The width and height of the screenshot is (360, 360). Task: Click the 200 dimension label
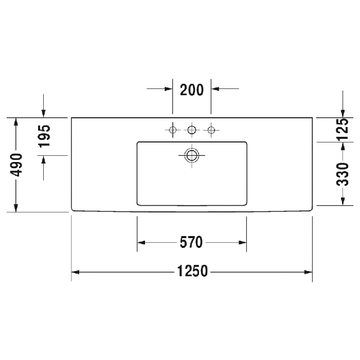point(192,90)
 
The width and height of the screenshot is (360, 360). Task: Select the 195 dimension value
point(44,136)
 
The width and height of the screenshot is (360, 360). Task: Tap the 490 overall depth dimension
point(16,165)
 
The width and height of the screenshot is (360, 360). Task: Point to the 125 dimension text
point(343,129)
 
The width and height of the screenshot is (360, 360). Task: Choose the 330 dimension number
point(343,174)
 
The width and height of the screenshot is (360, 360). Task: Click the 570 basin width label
point(191,242)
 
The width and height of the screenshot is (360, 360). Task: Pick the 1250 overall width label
point(192,271)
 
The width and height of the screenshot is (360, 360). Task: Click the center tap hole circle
point(192,130)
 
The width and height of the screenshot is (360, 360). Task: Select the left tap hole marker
point(173,130)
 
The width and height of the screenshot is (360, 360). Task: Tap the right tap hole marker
point(211,130)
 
